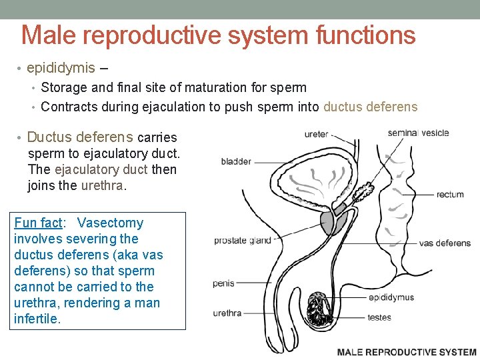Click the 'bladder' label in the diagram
click(x=236, y=161)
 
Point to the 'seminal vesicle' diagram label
click(x=418, y=133)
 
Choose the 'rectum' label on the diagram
click(x=450, y=195)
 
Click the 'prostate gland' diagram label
click(x=243, y=241)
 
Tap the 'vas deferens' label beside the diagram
click(x=445, y=243)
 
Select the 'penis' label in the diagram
click(x=223, y=283)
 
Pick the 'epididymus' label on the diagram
click(x=391, y=297)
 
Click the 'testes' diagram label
click(x=379, y=317)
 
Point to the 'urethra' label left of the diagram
click(x=227, y=313)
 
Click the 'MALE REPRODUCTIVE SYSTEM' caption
click(x=407, y=352)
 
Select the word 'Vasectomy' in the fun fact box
click(x=110, y=223)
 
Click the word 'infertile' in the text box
click(x=37, y=319)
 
